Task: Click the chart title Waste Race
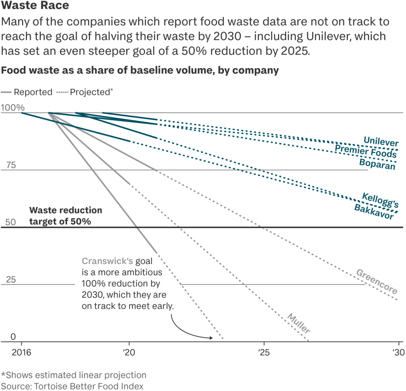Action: [x=35, y=6]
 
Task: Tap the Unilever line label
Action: [x=381, y=141]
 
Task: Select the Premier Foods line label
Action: [x=366, y=151]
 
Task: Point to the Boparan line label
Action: [x=377, y=164]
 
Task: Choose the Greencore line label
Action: [x=376, y=282]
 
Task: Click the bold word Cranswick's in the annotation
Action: [x=107, y=261]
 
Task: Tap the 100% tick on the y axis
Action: [x=13, y=107]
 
